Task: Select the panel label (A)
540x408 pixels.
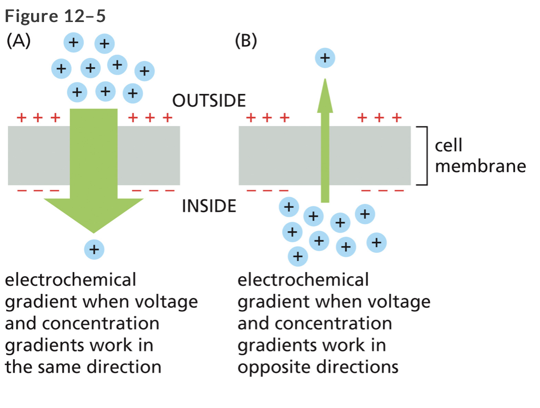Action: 19,42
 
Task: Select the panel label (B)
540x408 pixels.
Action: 246,42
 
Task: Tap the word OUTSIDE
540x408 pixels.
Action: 209,101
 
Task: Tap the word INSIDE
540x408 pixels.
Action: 209,206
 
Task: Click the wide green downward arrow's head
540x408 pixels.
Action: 93,213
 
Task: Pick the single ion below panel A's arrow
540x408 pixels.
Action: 94,249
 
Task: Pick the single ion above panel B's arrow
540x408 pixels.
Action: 325,58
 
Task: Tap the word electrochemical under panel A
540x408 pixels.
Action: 70,279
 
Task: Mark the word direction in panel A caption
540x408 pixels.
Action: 124,367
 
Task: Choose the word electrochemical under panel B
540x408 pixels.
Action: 303,279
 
